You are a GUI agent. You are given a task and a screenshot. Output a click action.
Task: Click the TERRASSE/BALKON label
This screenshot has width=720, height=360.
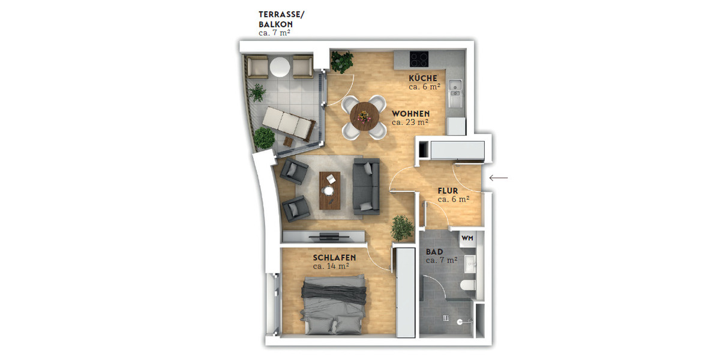coord(281,19)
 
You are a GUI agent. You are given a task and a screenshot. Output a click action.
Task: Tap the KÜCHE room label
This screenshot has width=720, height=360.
coord(427,78)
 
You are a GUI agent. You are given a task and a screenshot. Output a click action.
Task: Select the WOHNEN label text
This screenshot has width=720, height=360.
coord(410,113)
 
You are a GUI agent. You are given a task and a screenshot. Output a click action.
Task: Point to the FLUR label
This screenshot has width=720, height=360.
coord(448,191)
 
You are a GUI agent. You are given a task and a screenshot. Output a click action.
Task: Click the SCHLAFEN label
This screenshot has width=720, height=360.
coord(334,257)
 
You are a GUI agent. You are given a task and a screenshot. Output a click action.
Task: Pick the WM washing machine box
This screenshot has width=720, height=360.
coord(468,238)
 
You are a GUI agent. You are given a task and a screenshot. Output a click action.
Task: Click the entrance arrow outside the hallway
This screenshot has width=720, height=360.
coord(499,178)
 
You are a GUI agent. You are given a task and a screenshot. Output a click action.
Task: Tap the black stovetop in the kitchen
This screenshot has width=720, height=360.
coord(419,59)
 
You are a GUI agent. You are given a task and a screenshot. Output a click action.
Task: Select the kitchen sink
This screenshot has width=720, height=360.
coord(457,88)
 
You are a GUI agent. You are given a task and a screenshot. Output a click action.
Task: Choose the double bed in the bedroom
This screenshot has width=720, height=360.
coord(333,304)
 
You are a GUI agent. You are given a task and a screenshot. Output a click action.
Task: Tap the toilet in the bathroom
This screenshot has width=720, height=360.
coord(467,284)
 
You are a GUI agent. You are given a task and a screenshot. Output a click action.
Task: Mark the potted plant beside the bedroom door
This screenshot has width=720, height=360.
coord(401,227)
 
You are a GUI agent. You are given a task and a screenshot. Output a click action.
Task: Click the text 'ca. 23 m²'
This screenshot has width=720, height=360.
coord(409,122)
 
